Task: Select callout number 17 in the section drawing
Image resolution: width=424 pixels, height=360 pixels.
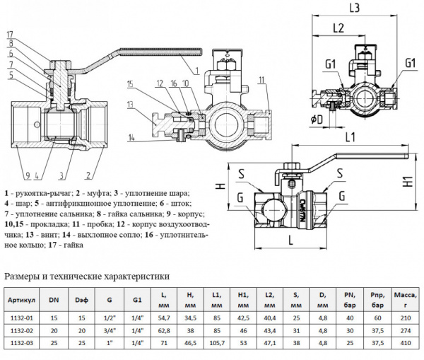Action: pos(9,34)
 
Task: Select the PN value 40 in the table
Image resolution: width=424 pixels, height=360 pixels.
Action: pos(348,319)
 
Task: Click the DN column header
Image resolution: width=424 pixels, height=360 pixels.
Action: pos(54,299)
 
